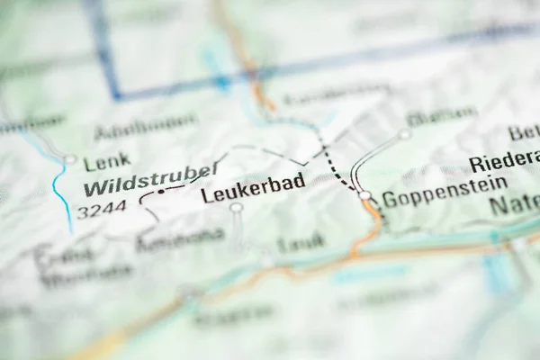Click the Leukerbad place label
tap(252, 184)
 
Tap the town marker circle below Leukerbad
tap(236, 208)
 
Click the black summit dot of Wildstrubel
tap(161, 192)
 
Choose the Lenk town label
tap(101, 164)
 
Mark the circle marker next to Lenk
tap(69, 160)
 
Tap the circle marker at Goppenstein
tap(364, 194)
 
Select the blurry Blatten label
tap(441, 116)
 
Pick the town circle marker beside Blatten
tap(404, 134)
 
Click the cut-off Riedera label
tap(503, 165)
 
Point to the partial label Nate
tap(513, 205)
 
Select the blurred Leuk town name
tap(301, 242)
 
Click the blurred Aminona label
tap(180, 238)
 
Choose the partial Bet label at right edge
tap(524, 132)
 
